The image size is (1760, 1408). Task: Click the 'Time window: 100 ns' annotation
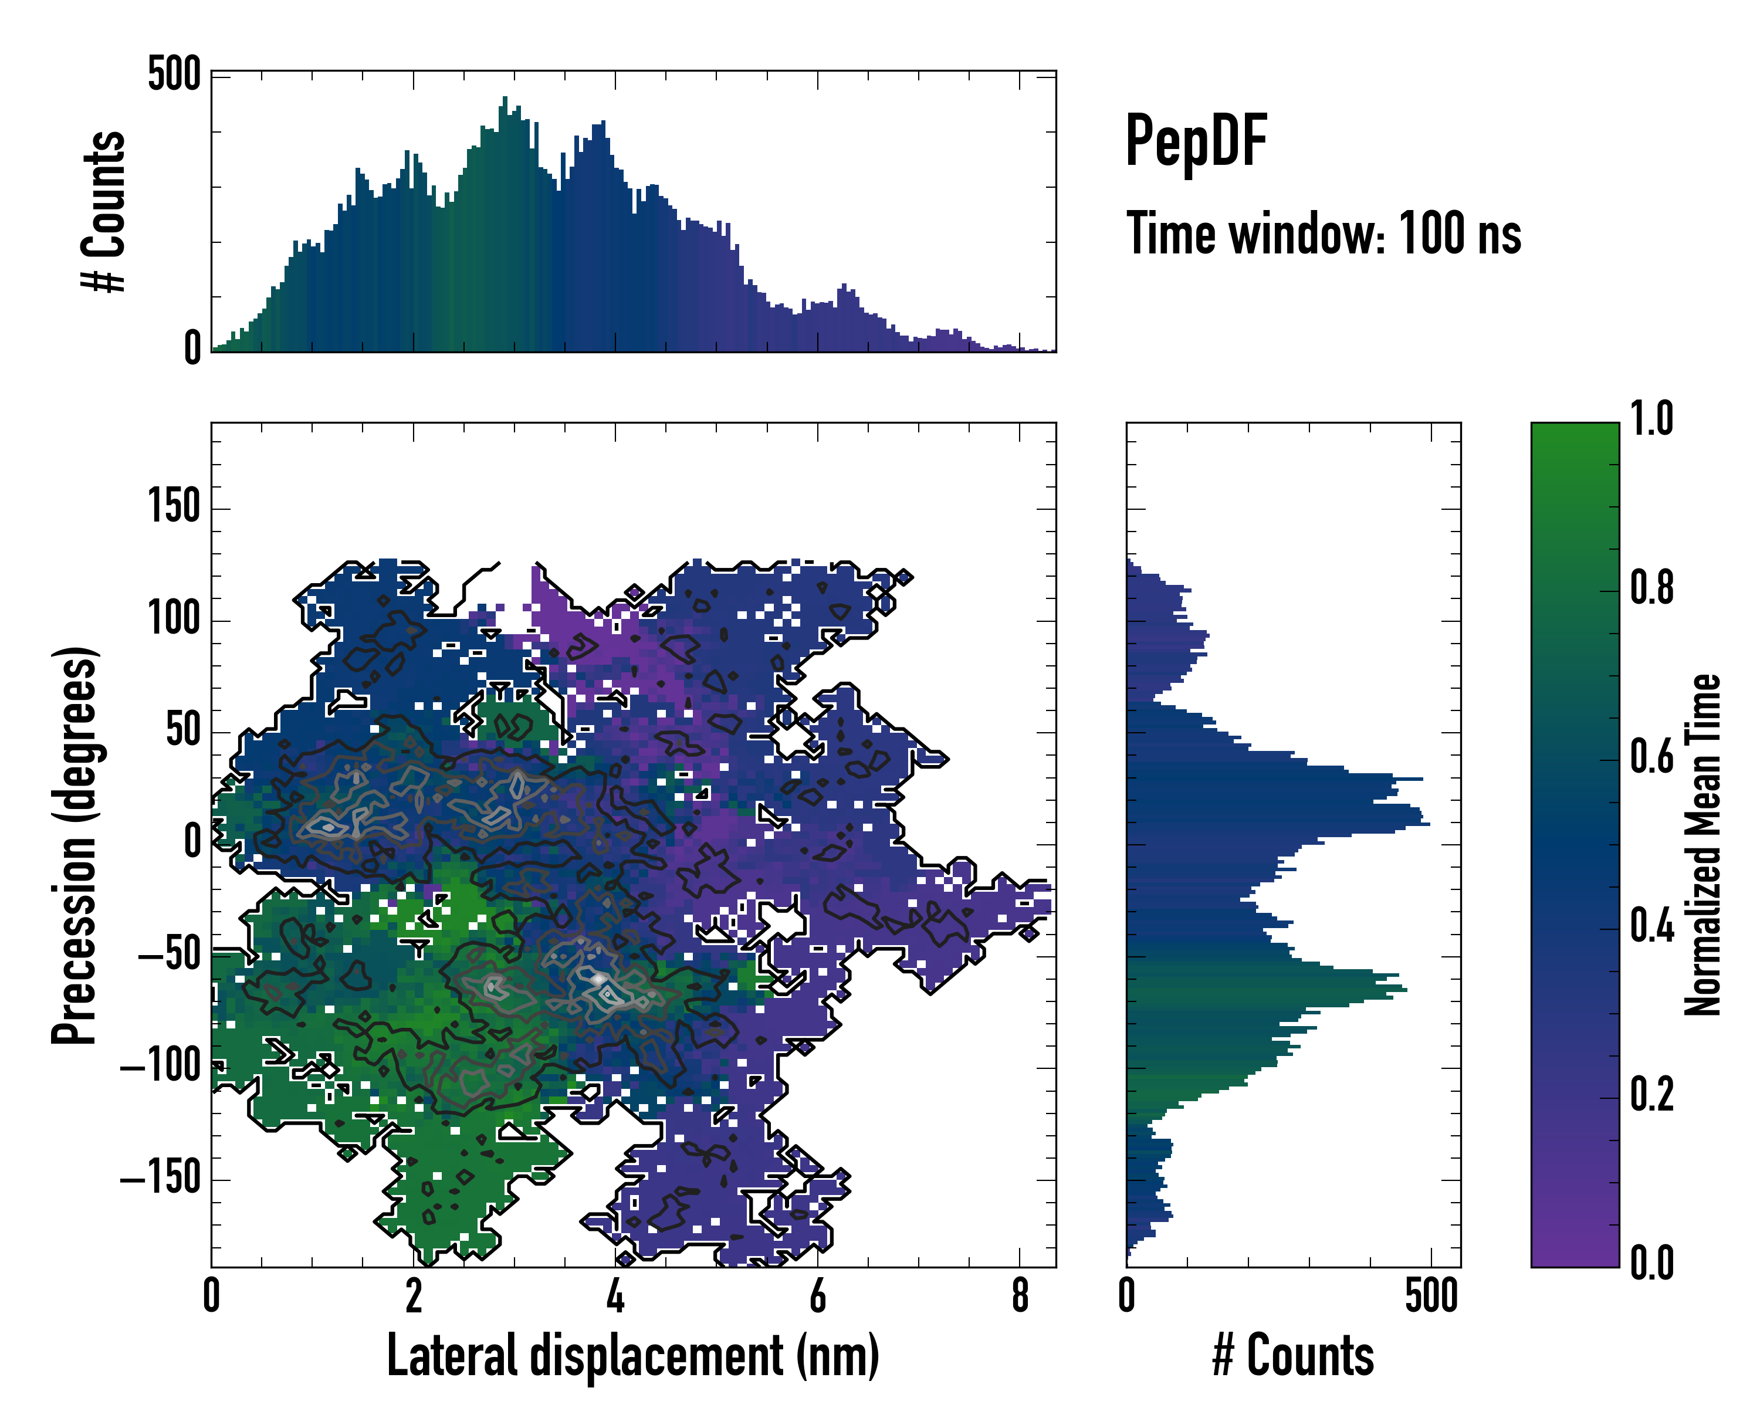(x=1324, y=234)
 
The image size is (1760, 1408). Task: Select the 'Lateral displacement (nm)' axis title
(x=632, y=1356)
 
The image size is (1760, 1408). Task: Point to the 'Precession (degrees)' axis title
(x=75, y=845)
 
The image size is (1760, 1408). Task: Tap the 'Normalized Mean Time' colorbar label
(x=1703, y=845)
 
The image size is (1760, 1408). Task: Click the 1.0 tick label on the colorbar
(x=1651, y=419)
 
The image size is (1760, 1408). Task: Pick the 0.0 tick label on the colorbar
(x=1651, y=1263)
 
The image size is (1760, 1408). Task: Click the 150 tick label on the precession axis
(x=174, y=507)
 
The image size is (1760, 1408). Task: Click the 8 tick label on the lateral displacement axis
(x=1020, y=1295)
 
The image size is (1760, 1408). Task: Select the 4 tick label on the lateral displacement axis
(x=615, y=1295)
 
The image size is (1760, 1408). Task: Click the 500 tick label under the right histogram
(x=1431, y=1295)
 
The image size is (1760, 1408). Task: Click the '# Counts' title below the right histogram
(x=1293, y=1356)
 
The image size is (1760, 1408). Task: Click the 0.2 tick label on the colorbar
(x=1651, y=1095)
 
